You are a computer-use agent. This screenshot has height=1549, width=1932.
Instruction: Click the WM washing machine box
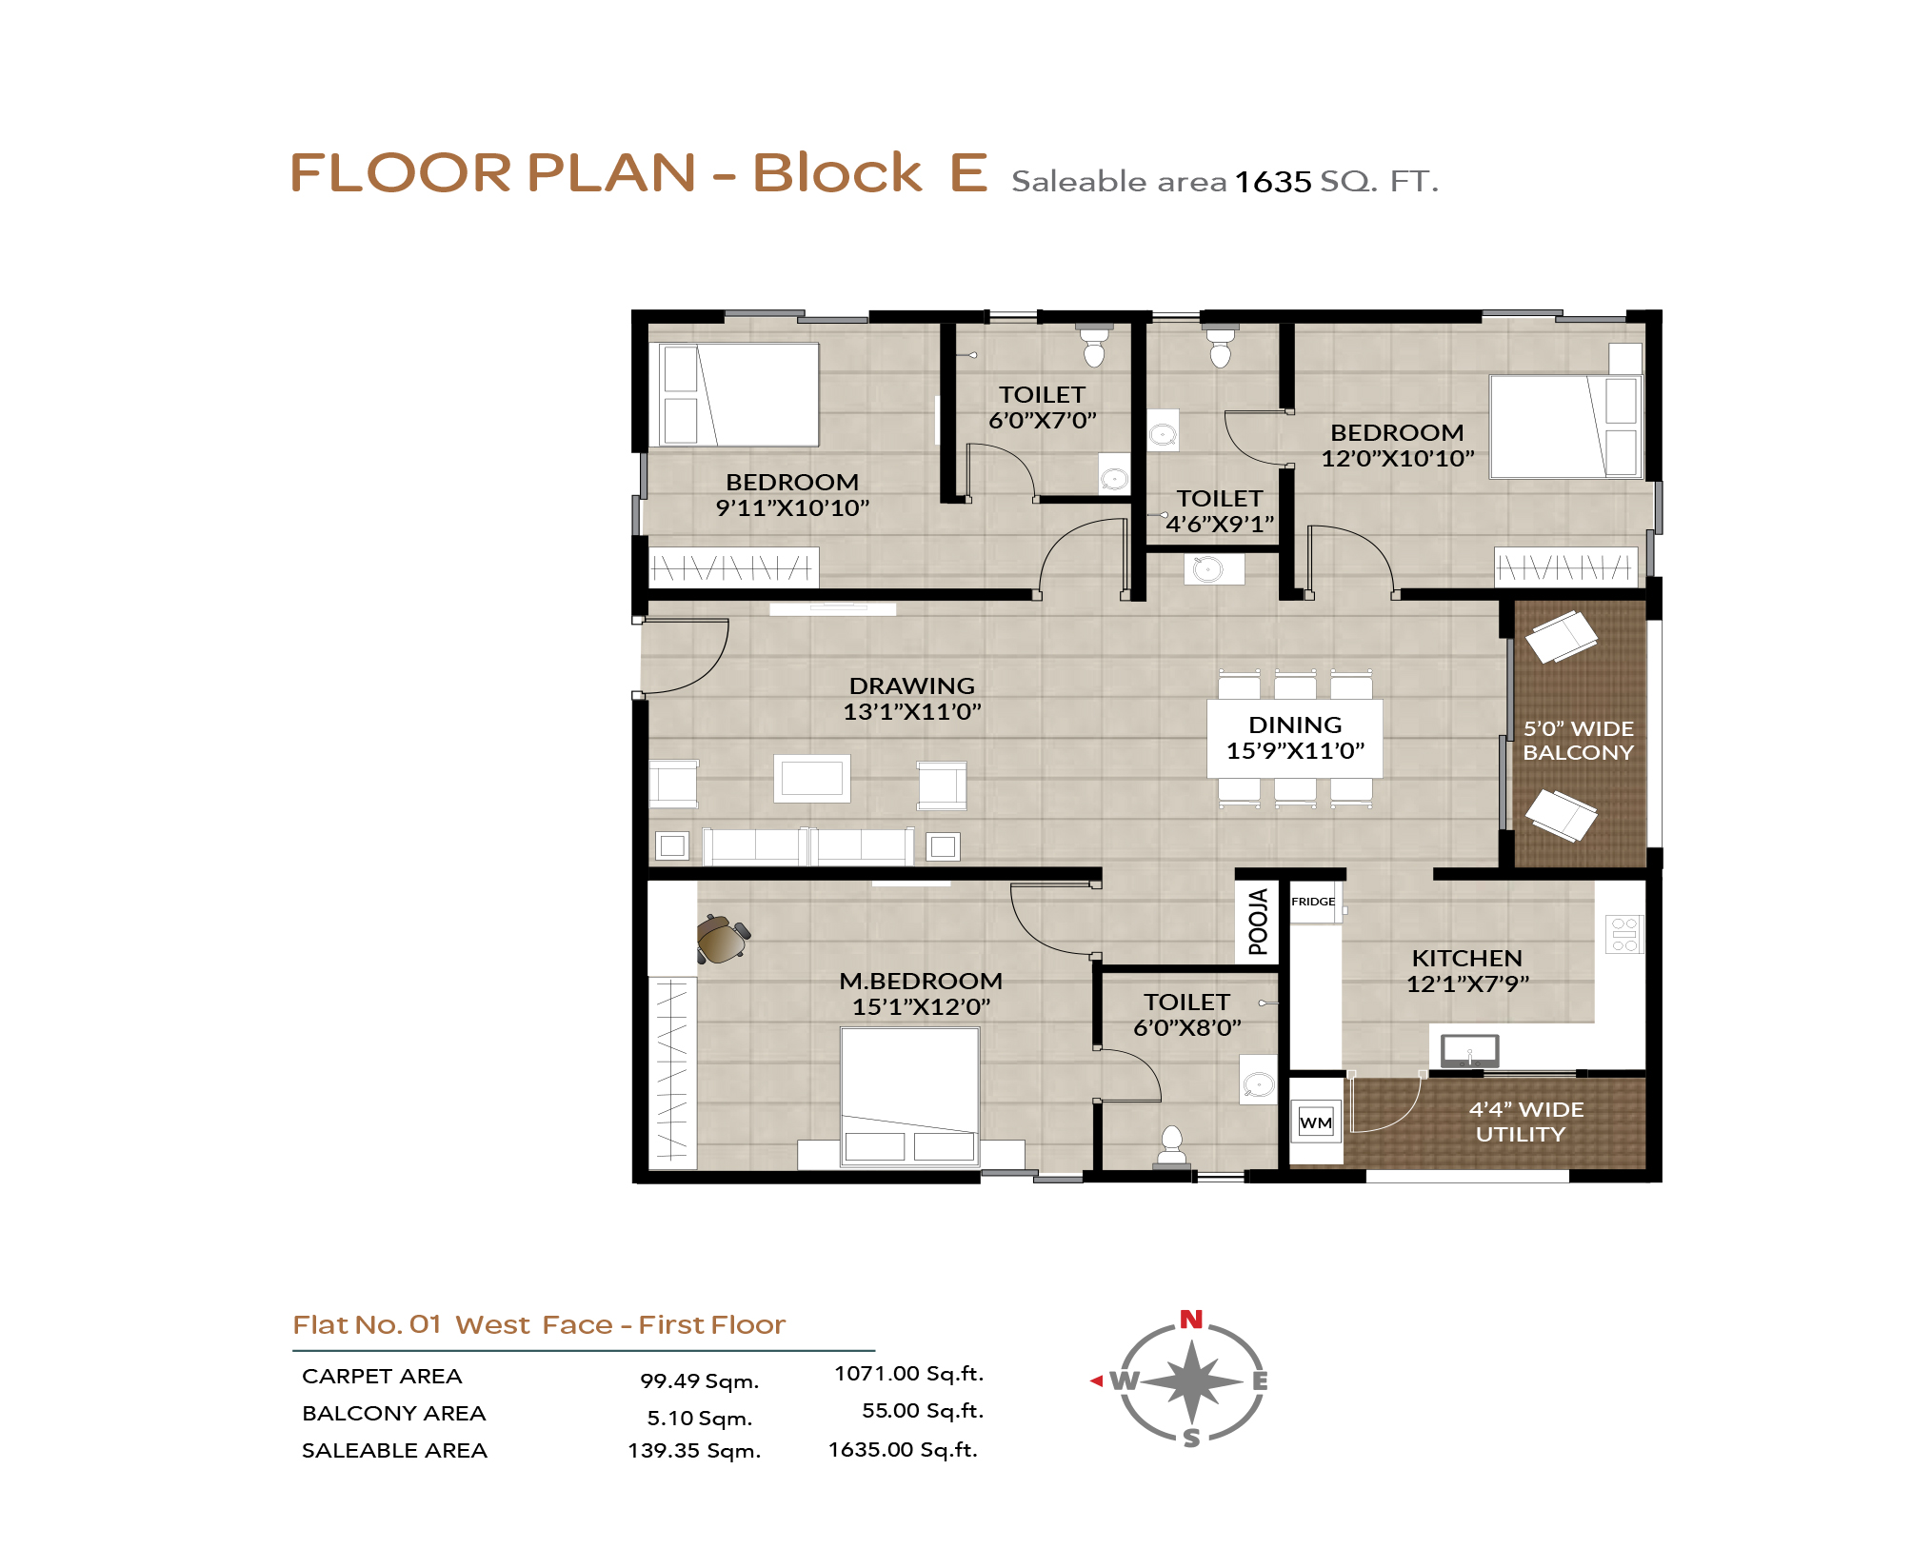point(1316,1122)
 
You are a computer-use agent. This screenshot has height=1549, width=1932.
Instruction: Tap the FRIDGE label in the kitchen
point(1313,902)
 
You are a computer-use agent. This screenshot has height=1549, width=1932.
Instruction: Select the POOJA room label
point(1258,922)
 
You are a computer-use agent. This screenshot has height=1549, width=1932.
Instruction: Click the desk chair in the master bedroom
point(723,939)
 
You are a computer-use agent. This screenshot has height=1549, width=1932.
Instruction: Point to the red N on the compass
point(1191,1319)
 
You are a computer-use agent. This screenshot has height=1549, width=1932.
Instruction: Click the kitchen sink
point(1469,1051)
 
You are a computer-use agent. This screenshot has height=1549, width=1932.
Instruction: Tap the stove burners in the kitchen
point(1624,934)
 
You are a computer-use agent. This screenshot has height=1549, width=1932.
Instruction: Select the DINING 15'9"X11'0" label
point(1295,738)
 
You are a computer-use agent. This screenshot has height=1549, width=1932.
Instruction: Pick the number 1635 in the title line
point(1273,181)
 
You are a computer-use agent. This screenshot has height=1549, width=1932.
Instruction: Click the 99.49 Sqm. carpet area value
point(699,1380)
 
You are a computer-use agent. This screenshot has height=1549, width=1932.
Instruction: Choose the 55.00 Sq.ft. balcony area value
point(923,1410)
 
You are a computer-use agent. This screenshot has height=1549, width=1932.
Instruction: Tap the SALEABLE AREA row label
point(394,1450)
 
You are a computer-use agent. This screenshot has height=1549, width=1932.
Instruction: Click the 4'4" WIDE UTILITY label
point(1525,1122)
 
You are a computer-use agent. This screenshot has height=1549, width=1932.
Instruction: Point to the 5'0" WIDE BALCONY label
point(1578,741)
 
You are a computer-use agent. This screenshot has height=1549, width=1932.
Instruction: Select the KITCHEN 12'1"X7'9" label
point(1467,971)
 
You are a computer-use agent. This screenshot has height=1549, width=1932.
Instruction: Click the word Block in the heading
point(837,172)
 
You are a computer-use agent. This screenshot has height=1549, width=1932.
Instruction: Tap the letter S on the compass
point(1191,1439)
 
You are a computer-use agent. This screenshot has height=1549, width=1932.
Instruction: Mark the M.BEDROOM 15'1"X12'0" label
point(921,994)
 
